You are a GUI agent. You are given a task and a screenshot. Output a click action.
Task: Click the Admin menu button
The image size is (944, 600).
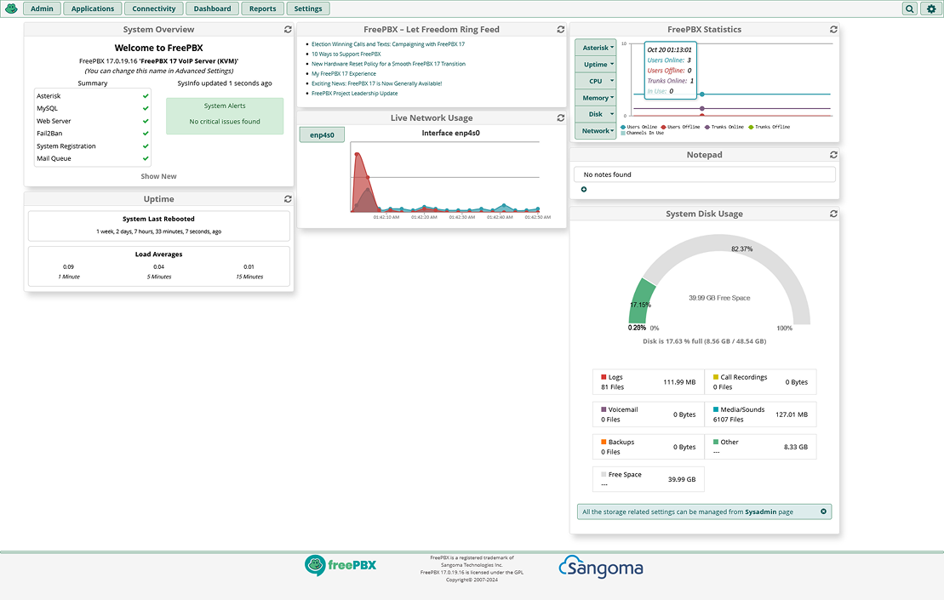[x=42, y=9]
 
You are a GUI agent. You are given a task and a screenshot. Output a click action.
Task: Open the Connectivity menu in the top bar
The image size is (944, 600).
[x=154, y=9]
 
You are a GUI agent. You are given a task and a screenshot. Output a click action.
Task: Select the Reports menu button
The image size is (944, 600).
[x=262, y=9]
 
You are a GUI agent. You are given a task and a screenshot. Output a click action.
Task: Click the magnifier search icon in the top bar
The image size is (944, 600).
[x=910, y=9]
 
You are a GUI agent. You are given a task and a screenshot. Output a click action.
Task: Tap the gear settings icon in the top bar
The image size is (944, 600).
[x=930, y=9]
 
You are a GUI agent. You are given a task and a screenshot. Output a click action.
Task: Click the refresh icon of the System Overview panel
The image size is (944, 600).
[x=288, y=30]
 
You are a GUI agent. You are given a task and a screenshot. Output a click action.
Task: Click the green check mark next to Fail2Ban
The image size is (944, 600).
[x=146, y=134]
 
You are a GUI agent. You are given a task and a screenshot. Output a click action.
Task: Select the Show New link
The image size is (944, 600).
[x=159, y=176]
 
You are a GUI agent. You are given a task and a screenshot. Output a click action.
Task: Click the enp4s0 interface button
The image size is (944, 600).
[x=322, y=134]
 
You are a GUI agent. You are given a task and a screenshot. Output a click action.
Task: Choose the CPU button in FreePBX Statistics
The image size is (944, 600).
[x=595, y=81]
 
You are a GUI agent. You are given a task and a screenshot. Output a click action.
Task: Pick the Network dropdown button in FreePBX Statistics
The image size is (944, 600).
[x=596, y=131]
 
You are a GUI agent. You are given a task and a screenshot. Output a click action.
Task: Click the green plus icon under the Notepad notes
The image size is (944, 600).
[x=584, y=190]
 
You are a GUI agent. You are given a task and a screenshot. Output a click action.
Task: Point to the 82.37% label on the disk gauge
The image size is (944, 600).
[x=741, y=249]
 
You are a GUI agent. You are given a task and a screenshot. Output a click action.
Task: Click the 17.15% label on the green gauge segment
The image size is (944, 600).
[x=640, y=305]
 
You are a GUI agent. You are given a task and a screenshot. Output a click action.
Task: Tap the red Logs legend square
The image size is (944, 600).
[x=604, y=377]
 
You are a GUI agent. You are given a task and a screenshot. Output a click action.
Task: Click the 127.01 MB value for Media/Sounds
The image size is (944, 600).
[x=791, y=414]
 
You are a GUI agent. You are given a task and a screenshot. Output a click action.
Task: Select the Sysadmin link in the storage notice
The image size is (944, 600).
[x=759, y=512]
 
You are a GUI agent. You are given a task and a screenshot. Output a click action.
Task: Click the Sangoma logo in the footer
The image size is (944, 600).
[x=601, y=567]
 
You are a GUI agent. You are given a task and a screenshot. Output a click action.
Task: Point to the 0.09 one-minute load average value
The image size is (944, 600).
[x=69, y=266]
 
